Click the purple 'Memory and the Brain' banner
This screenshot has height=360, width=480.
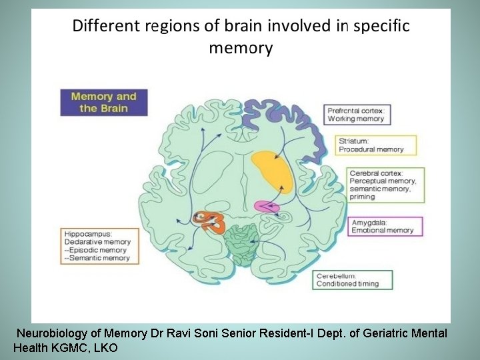point(103,102)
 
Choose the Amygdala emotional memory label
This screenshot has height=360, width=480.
point(385,227)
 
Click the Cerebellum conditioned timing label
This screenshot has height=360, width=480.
point(352,279)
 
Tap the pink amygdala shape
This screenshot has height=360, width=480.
point(266,207)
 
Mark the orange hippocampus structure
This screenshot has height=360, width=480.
point(210,222)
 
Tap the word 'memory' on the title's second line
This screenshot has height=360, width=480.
point(241,48)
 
